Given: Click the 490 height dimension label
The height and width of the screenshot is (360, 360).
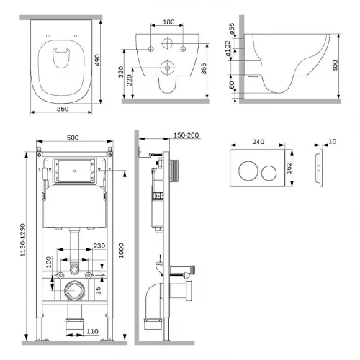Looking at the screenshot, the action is pos(96,60).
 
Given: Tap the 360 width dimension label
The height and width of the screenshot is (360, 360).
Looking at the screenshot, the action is pos(63,109).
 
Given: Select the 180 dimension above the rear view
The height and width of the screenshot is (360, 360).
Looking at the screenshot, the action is pos(168,22).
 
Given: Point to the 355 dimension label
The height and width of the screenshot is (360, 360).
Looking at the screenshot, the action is pos(204,68).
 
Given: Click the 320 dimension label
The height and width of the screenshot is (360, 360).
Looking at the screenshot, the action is pos(121,72).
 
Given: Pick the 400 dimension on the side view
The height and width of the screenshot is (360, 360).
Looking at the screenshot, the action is pos(336,66).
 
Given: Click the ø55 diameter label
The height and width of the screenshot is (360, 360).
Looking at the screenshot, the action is pos(232,29).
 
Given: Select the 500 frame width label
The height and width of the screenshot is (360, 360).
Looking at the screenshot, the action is pos(73,138).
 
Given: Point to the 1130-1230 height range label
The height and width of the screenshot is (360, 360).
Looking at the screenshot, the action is pos(23,240).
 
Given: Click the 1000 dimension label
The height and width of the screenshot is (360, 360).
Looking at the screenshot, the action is pos(121,251).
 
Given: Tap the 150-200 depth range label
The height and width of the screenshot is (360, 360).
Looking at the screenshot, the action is pos(186,135).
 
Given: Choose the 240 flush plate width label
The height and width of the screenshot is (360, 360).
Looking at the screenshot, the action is pos(258,142).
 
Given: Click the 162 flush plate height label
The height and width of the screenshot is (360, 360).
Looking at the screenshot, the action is pos(289,168).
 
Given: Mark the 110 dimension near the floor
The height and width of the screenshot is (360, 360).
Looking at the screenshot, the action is pos(92,331).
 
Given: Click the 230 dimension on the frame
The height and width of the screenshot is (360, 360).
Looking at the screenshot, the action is pos(99,246).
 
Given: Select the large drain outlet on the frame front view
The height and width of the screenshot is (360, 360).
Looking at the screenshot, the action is pos(74,290).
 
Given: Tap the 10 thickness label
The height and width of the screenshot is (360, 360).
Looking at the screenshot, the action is pos(333,142).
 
